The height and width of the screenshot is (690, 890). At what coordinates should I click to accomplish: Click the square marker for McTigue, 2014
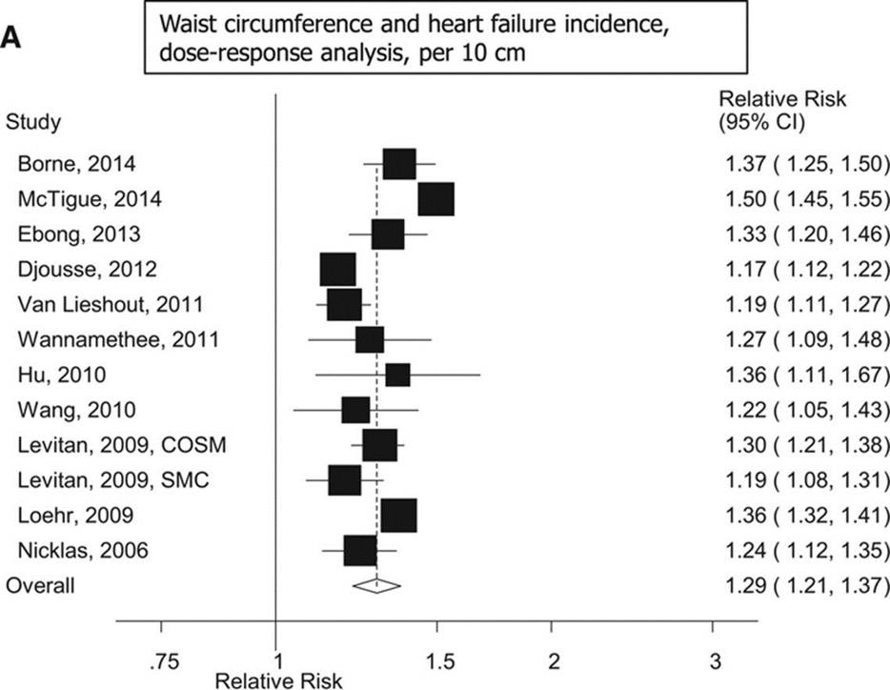[435, 200]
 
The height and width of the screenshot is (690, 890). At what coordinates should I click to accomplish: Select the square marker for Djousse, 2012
[337, 270]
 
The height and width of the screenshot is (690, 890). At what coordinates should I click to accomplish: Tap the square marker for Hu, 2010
[397, 375]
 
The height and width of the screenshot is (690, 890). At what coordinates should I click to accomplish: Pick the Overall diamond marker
[376, 585]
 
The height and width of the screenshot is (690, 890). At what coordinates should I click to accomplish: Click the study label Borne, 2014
[76, 165]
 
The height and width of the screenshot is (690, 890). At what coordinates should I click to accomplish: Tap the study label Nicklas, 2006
[83, 550]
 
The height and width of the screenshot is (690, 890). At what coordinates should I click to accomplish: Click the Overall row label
[41, 584]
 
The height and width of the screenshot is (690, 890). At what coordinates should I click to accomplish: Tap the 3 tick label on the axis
[713, 660]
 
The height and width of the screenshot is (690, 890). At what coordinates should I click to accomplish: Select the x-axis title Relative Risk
[276, 680]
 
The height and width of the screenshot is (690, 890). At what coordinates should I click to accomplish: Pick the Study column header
[34, 122]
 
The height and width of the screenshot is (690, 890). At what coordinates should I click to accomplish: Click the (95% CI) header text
[762, 122]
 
